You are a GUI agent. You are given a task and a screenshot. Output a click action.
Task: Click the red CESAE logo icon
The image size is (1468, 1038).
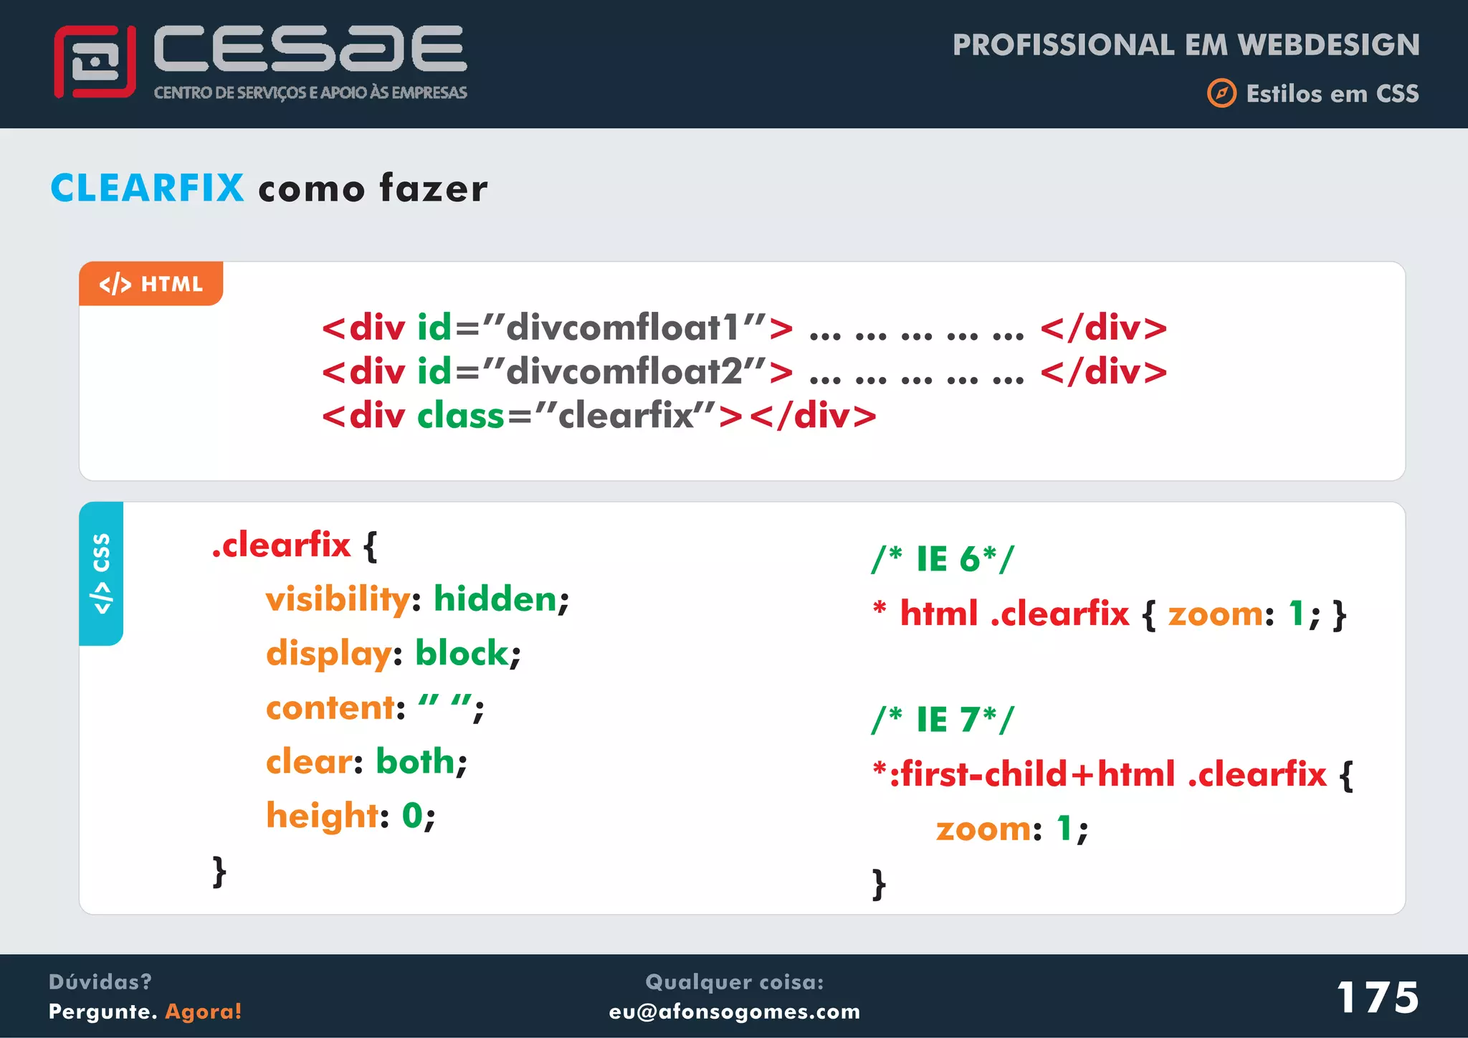pos(95,62)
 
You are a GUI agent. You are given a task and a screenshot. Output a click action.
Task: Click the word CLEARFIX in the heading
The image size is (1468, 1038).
pos(148,189)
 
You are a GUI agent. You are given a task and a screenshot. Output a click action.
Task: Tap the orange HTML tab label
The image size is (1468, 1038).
pos(151,284)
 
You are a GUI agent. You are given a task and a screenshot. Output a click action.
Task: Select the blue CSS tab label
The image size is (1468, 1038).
pos(101,573)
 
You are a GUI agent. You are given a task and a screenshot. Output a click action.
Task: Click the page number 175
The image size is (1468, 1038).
pos(1377,997)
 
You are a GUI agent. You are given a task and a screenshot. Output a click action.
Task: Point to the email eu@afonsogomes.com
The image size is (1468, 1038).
pos(734,1011)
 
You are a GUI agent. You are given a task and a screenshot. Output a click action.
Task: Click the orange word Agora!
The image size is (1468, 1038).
pos(204,1011)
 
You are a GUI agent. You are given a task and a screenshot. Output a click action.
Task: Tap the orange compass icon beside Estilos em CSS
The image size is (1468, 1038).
pos(1221,93)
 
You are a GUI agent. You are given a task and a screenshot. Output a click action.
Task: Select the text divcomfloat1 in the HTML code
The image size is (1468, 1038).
pos(622,328)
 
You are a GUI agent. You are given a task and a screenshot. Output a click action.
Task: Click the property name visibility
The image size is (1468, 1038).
pos(338,599)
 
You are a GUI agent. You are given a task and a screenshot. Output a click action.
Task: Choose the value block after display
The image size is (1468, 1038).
pos(462,653)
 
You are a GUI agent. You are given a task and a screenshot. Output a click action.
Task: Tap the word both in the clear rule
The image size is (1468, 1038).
pos(416,761)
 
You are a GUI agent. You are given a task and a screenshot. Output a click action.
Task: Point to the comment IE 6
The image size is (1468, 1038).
pos(943,559)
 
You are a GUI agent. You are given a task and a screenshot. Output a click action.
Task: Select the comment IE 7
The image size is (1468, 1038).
pos(943,719)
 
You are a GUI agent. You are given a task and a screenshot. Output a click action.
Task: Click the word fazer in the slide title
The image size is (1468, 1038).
pos(434,189)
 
